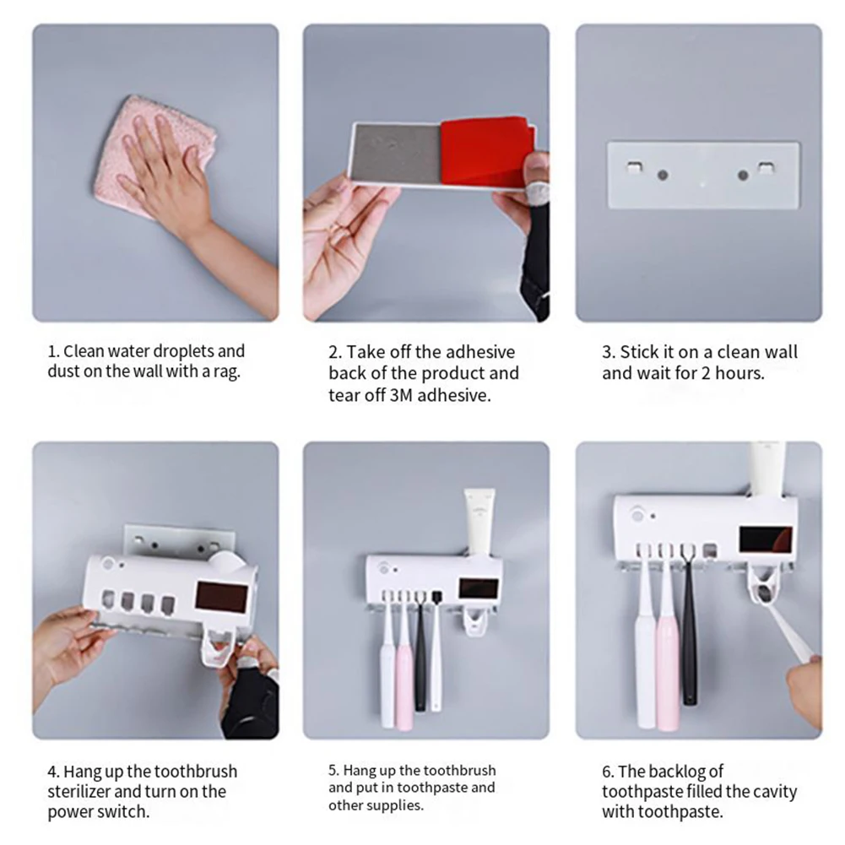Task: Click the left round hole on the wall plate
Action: tap(663, 175)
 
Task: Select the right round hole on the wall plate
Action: tap(743, 175)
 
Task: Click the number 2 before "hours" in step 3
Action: tap(706, 373)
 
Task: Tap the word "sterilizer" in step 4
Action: tap(79, 791)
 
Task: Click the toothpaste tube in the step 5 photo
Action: tap(479, 521)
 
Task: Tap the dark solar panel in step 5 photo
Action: tap(479, 588)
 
